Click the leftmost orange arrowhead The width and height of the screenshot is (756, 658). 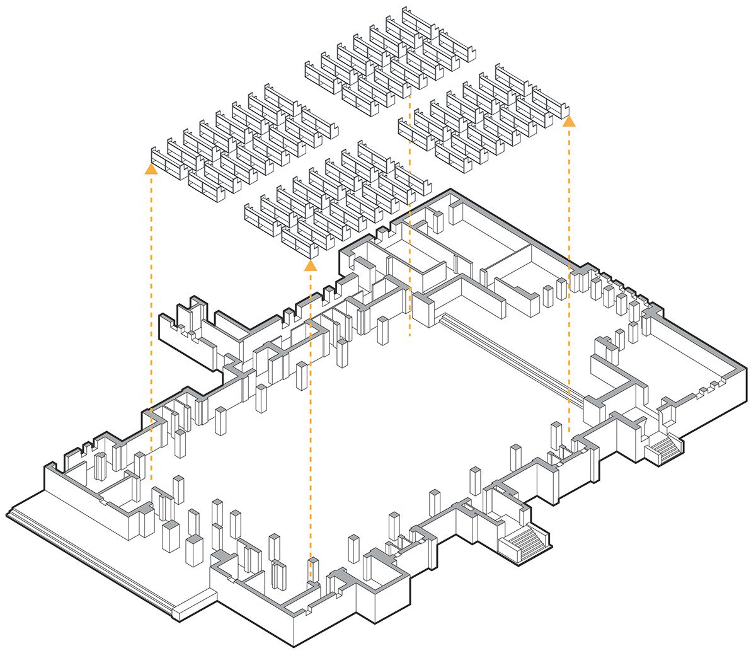[x=151, y=169]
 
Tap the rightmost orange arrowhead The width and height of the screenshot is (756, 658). [x=569, y=121]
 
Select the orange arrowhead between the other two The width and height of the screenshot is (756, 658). [x=310, y=265]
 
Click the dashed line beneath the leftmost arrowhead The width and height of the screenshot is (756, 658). [x=151, y=315]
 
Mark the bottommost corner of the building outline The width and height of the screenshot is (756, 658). [x=294, y=647]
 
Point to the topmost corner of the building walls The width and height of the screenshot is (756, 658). [x=450, y=188]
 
